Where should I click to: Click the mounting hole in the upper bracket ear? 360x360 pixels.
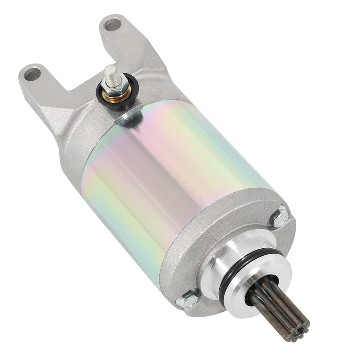[113, 24]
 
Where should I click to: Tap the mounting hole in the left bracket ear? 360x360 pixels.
[32, 75]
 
